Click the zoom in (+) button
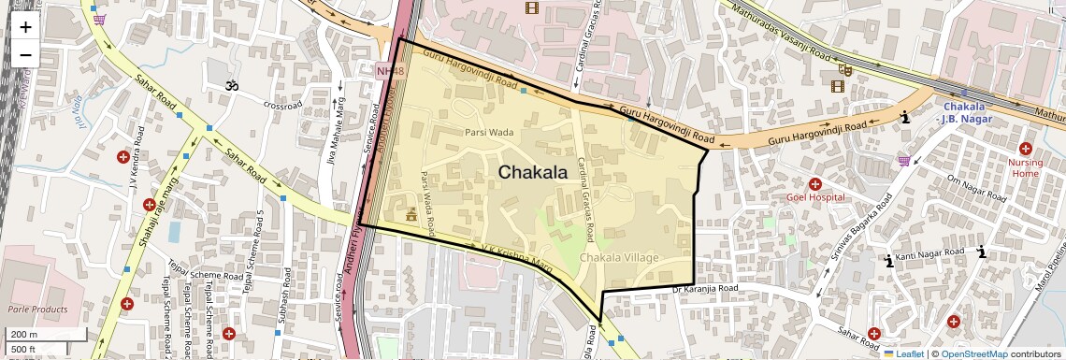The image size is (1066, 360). pos(25,26)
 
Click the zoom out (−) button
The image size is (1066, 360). pos(25,54)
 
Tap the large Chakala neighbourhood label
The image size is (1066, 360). pos(532,172)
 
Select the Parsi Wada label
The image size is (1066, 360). pos(490,133)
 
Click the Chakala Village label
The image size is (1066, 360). pos(619,257)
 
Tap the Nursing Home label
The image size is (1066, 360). pos(1025,167)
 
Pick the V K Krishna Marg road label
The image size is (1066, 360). pos(517,253)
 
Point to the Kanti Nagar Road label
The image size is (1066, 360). pos(929,254)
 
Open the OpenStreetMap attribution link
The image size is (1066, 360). pos(973,353)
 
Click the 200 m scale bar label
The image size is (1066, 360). pos(24,335)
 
